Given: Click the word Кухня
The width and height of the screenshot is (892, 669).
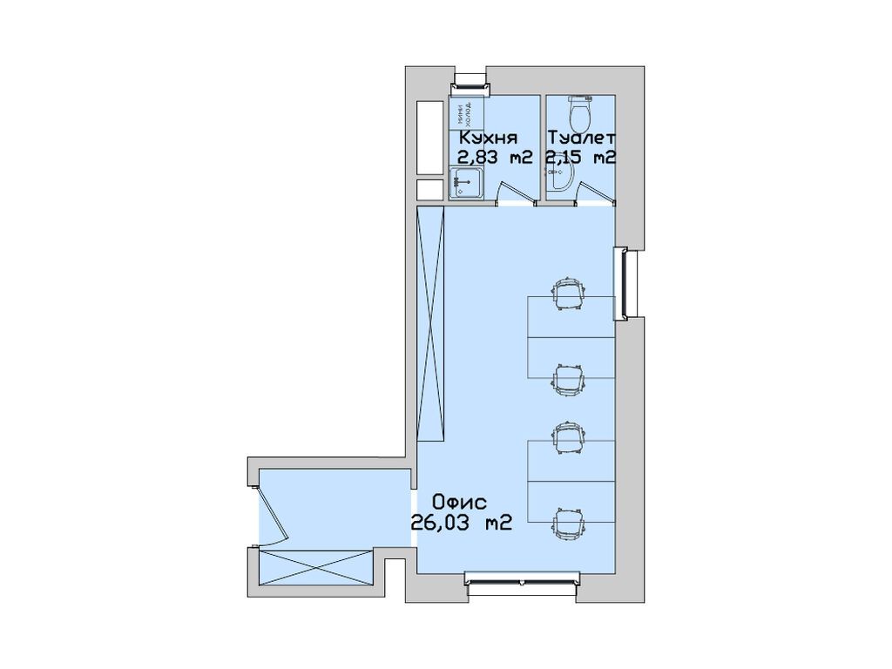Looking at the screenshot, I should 489,138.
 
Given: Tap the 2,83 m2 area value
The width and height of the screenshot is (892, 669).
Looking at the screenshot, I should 496,158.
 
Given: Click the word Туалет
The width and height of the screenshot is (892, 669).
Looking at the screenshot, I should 582,138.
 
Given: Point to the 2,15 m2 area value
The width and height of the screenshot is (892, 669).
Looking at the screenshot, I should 581,158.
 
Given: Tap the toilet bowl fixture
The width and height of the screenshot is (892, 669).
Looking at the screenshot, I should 580,111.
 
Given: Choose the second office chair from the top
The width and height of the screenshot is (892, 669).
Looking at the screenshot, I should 567,376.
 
